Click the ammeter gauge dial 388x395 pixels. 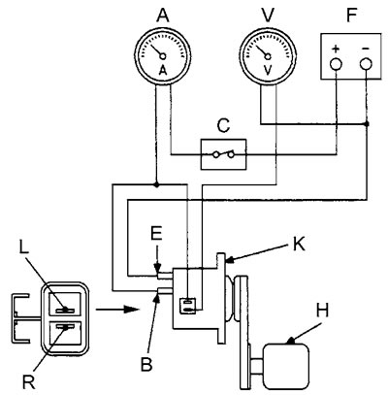pyautogui.click(x=163, y=56)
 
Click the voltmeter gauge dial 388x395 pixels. pyautogui.click(x=268, y=56)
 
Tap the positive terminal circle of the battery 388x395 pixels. pyautogui.click(x=336, y=64)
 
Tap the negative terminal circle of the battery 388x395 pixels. pyautogui.click(x=366, y=64)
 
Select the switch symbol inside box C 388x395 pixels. pyautogui.click(x=223, y=154)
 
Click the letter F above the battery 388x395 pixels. pyautogui.click(x=350, y=15)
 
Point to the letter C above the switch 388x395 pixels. pyautogui.click(x=223, y=126)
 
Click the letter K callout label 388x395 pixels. pyautogui.click(x=298, y=245)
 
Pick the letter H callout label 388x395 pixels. pyautogui.click(x=322, y=311)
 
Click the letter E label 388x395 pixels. pyautogui.click(x=156, y=235)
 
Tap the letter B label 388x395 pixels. pyautogui.click(x=146, y=365)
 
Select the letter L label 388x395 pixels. pyautogui.click(x=24, y=247)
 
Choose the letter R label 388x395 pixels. pyautogui.click(x=28, y=383)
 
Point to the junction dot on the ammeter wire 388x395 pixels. pyautogui.click(x=156, y=185)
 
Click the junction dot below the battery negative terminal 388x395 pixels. pyautogui.click(x=367, y=124)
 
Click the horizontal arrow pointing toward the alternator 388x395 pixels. pyautogui.click(x=117, y=310)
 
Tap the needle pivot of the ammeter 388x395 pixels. pyautogui.click(x=163, y=56)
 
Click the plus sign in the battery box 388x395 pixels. pyautogui.click(x=336, y=49)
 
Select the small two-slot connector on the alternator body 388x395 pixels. pyautogui.click(x=188, y=306)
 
